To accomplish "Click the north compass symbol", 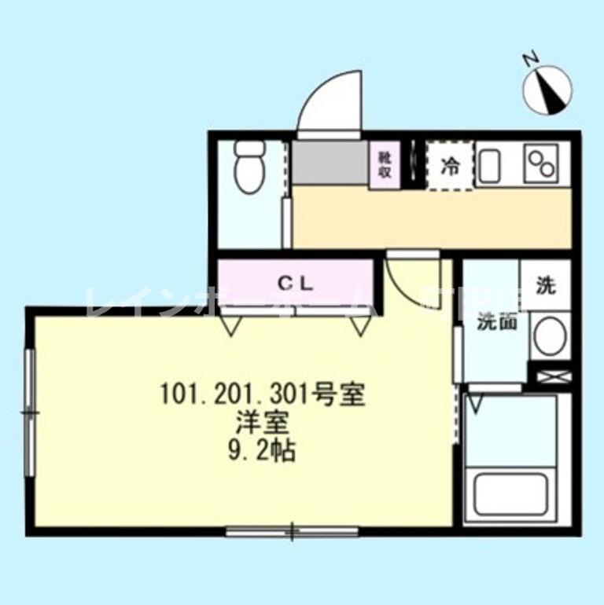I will pos(548,87).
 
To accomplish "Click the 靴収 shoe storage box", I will pos(385,166).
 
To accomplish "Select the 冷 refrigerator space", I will pos(451,166).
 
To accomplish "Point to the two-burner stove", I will pos(543,164).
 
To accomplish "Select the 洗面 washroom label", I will pos(496,321).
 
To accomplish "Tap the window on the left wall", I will pos(30,412).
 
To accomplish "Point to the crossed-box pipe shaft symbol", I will pos(553,376).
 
